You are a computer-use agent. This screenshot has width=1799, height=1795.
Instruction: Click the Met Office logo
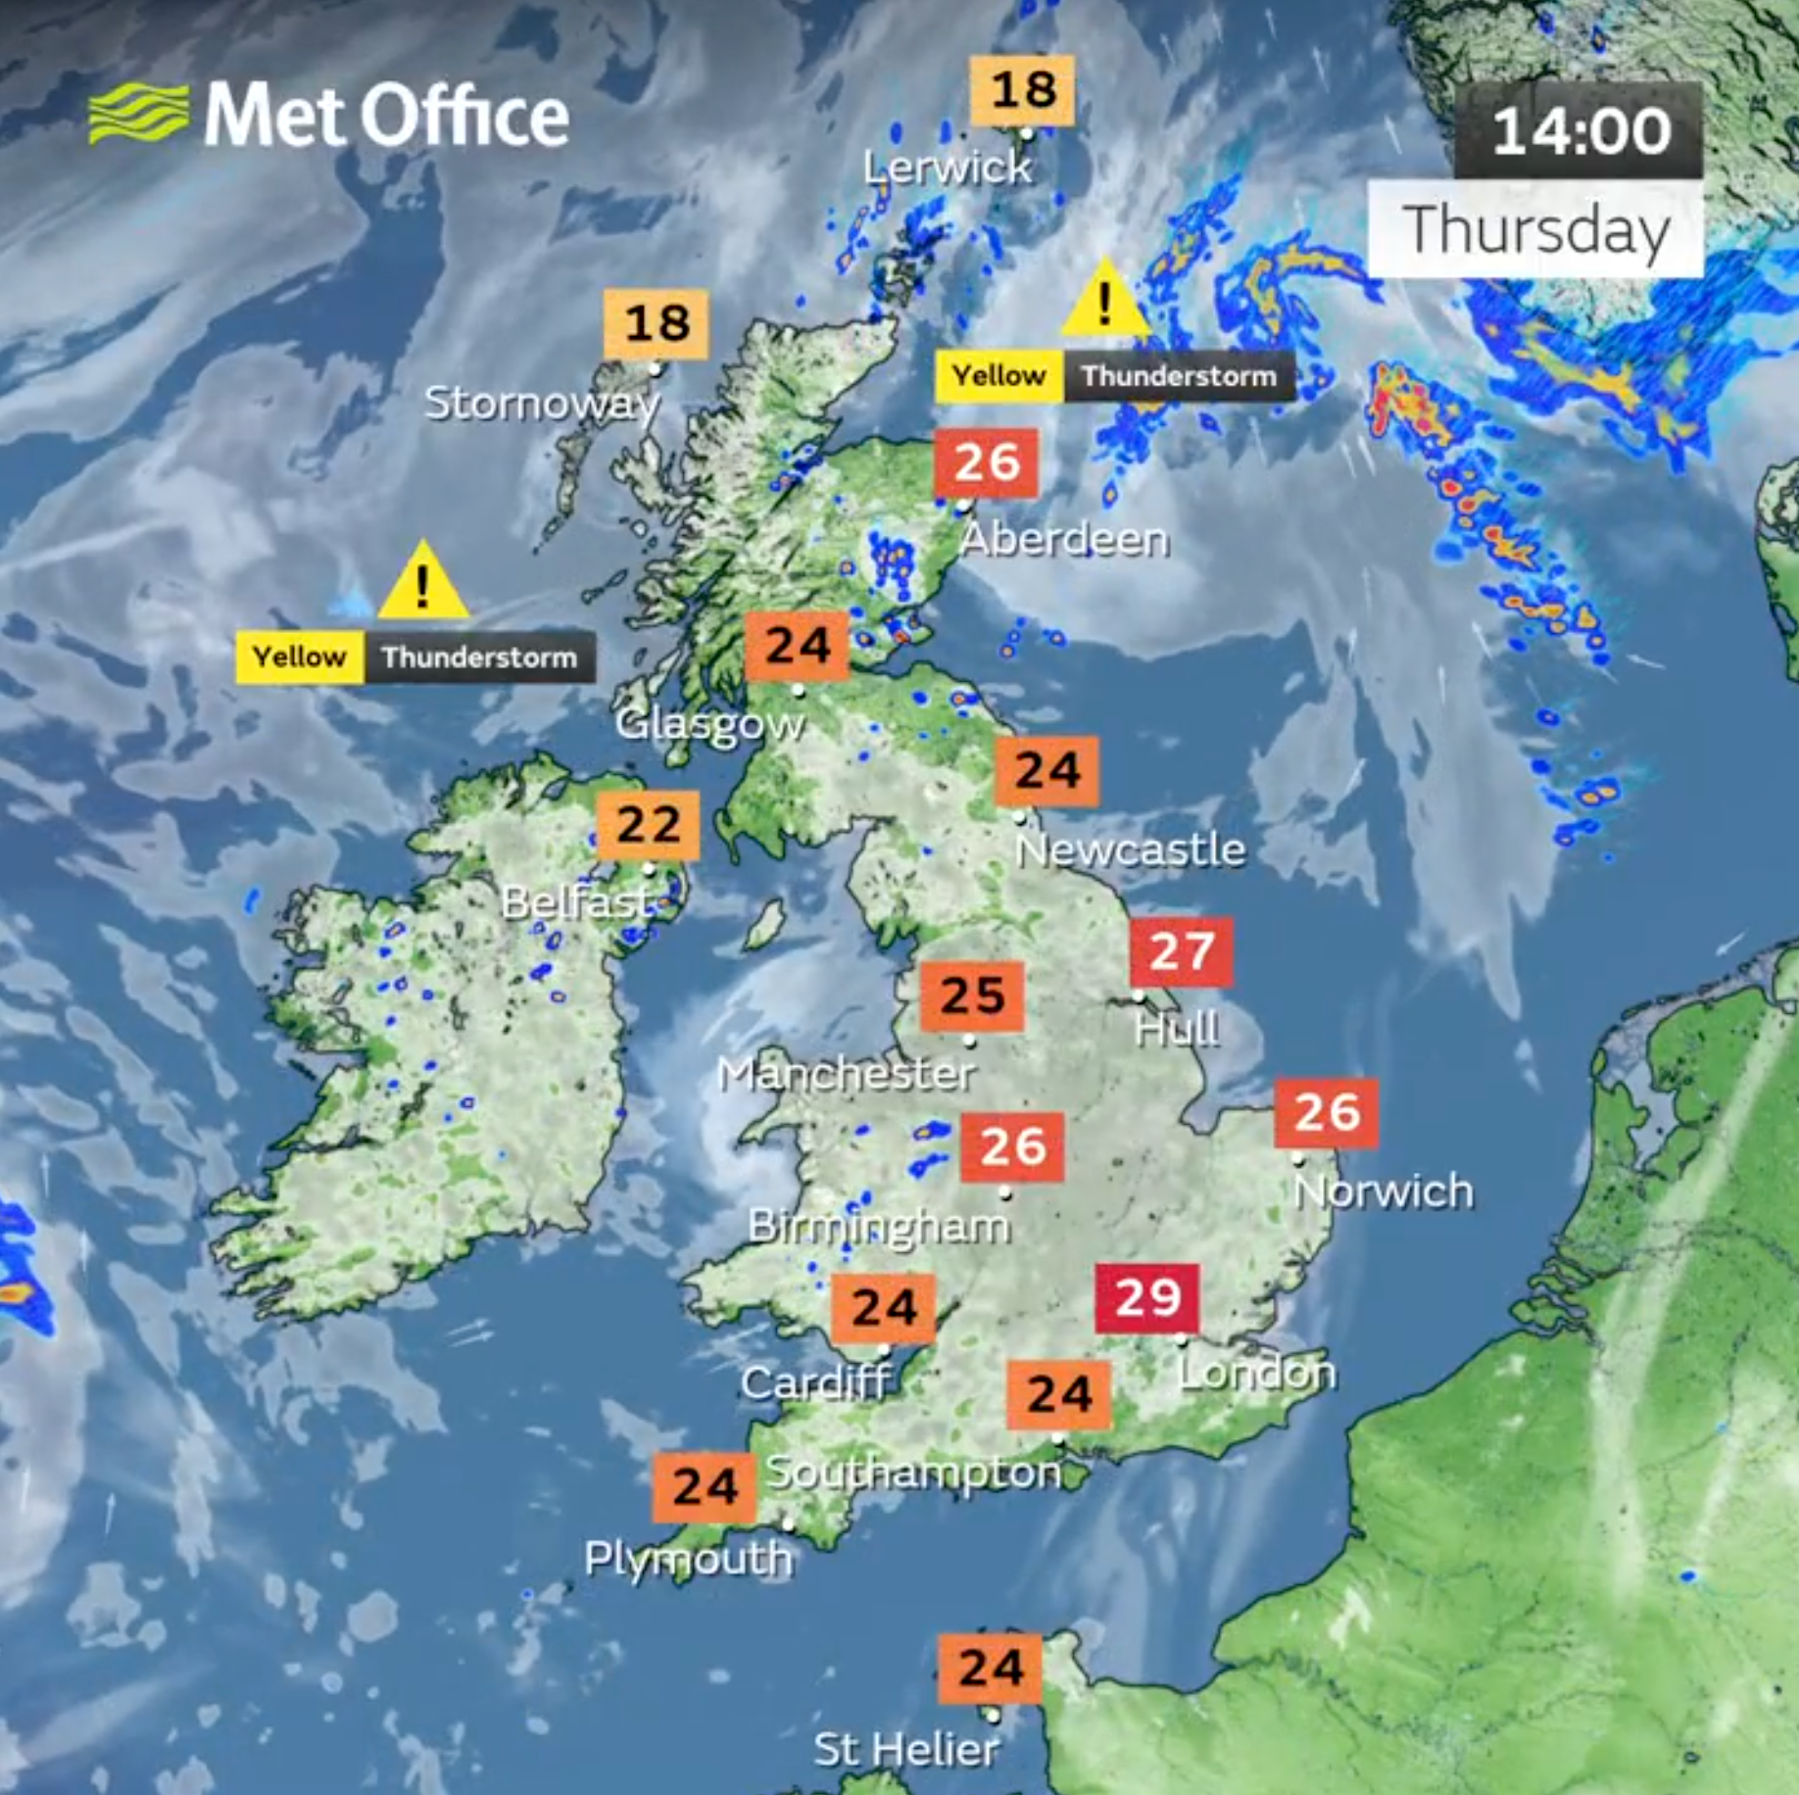click(328, 115)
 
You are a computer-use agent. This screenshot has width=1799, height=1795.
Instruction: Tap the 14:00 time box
click(1579, 130)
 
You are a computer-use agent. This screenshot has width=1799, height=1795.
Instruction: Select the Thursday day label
click(1535, 230)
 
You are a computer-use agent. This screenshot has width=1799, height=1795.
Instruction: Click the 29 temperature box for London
click(1146, 1298)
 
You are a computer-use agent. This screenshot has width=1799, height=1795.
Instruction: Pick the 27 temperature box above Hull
click(1181, 951)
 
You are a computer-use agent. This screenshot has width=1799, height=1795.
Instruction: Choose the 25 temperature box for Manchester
click(972, 996)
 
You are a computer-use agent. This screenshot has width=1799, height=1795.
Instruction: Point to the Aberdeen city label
click(1064, 539)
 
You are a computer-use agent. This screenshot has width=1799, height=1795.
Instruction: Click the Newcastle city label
click(1131, 849)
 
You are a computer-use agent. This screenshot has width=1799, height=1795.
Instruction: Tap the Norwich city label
click(1384, 1191)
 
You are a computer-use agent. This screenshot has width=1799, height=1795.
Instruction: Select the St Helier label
click(906, 1749)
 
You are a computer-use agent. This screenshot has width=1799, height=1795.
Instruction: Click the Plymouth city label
click(688, 1558)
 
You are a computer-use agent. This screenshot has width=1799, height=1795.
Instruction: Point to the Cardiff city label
click(816, 1383)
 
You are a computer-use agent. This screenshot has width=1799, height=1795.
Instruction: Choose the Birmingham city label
click(879, 1226)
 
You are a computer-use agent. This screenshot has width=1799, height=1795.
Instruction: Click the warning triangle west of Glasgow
click(422, 583)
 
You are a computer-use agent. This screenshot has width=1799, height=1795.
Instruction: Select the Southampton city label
click(913, 1472)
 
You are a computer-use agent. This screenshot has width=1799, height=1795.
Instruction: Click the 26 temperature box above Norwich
click(1326, 1113)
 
